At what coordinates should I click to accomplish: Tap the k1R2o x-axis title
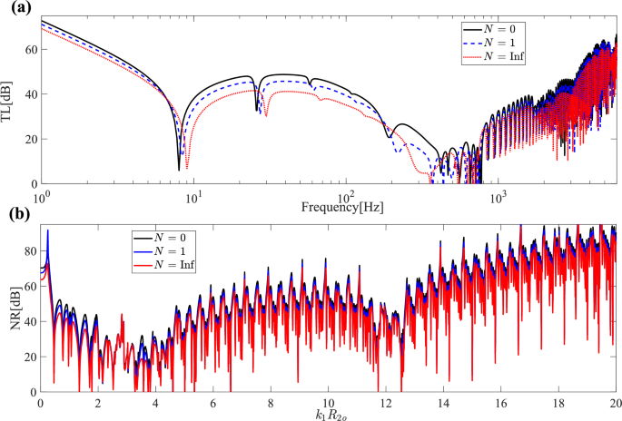click(x=329, y=414)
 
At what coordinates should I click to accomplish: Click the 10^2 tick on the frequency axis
click(x=344, y=196)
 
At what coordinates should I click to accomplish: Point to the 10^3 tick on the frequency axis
click(x=497, y=196)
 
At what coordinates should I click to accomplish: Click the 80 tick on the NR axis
click(x=30, y=250)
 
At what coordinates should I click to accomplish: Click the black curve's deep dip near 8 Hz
click(x=178, y=169)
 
